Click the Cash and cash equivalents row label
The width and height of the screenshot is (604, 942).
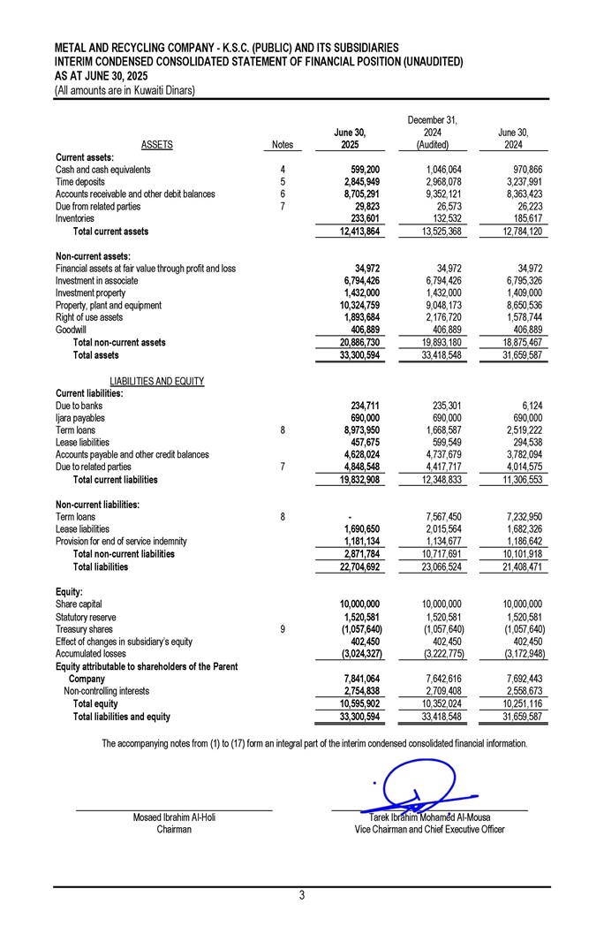(x=102, y=169)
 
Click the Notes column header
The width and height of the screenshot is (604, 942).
(x=283, y=144)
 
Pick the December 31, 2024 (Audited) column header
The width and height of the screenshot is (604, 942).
(x=433, y=132)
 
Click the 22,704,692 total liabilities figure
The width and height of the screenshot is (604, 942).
(x=358, y=567)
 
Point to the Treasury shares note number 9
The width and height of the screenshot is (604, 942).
(x=282, y=629)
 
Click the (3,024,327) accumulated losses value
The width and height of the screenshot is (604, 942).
(x=359, y=654)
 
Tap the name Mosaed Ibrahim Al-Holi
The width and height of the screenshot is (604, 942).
(x=174, y=817)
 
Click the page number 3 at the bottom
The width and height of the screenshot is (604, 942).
(x=301, y=896)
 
